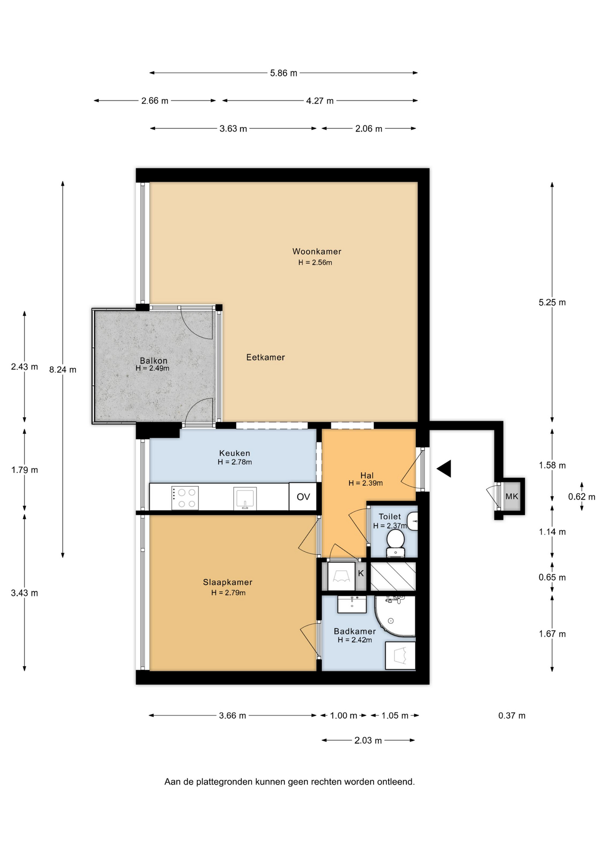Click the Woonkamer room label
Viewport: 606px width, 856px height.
click(x=316, y=251)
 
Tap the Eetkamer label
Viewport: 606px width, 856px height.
click(x=266, y=357)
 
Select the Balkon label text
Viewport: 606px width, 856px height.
click(x=154, y=361)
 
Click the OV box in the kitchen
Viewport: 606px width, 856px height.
click(x=303, y=497)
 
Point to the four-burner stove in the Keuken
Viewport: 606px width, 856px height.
click(x=185, y=498)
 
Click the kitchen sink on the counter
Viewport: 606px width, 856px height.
click(x=245, y=498)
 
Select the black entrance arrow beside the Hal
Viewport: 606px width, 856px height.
click(x=444, y=469)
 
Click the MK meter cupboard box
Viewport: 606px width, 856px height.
click(x=512, y=496)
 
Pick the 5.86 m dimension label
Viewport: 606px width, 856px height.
click(x=283, y=73)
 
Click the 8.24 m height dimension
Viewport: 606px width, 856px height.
click(x=63, y=370)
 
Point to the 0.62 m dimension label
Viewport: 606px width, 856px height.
click(x=581, y=497)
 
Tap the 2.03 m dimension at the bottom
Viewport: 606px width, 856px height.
click(x=368, y=741)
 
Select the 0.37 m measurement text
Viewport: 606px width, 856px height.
click(x=512, y=716)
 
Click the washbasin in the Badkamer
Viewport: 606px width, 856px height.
click(x=352, y=604)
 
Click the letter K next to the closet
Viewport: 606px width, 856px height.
click(x=361, y=573)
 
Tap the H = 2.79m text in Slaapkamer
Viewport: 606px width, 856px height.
click(x=228, y=593)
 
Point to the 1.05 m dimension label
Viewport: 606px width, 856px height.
click(x=395, y=716)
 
